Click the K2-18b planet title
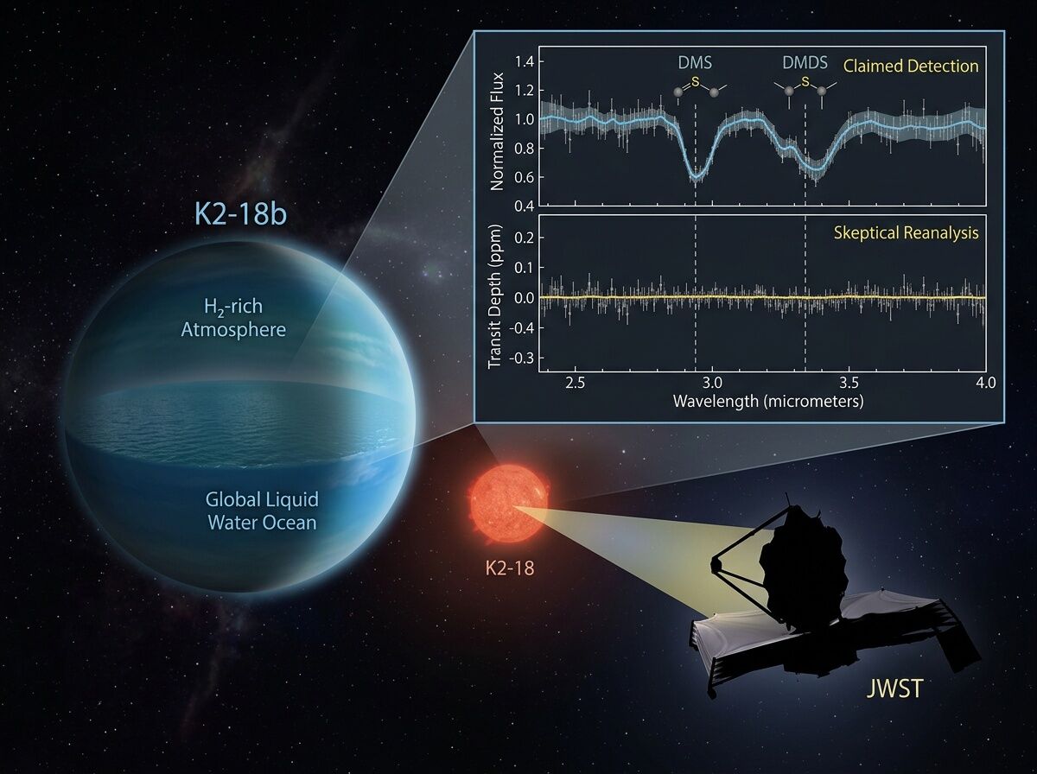coord(240,215)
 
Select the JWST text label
coord(894,688)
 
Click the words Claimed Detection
coord(911,67)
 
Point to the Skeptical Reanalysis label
coord(907,233)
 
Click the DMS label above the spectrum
coord(695,62)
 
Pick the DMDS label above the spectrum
coord(805,62)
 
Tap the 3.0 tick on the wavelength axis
coord(711,383)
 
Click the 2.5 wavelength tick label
coord(575,383)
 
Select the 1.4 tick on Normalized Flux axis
coord(524,62)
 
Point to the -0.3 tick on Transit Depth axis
coord(521,358)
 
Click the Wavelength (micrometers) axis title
coord(768,402)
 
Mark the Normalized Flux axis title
coord(498,132)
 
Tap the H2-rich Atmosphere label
coord(233,318)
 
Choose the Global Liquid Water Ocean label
coord(262,511)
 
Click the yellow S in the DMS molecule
coord(695,82)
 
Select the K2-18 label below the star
coord(510,568)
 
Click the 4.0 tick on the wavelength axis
coord(985,383)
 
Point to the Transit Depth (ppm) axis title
coord(494,296)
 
